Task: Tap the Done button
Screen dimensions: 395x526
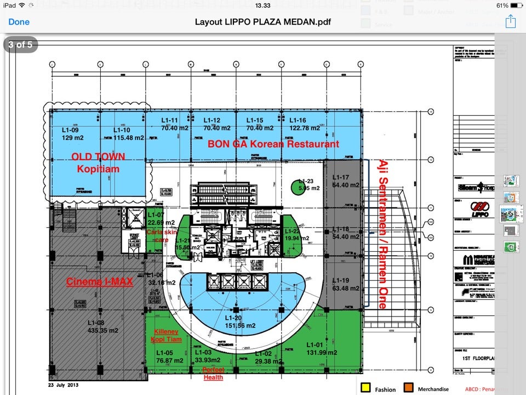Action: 19,22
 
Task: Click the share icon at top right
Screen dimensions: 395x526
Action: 510,21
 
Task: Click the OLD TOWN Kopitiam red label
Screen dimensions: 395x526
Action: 99,162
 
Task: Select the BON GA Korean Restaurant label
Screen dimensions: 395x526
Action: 273,144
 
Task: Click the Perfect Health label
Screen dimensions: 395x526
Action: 214,374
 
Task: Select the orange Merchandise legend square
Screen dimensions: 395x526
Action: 408,389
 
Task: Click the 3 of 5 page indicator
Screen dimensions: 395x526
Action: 20,44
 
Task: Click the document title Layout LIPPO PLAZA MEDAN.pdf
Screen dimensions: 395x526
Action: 263,22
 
